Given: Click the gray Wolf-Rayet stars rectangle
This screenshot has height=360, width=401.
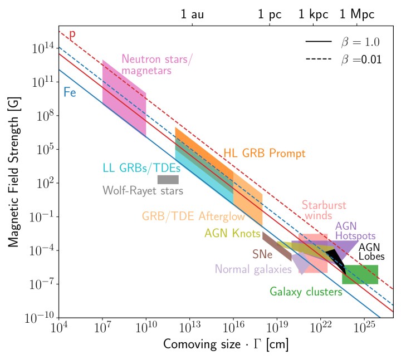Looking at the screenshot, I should click(168, 179).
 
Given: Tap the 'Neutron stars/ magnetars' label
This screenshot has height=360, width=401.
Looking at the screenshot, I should click(146, 65).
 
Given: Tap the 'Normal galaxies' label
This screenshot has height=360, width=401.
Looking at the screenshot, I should click(253, 269).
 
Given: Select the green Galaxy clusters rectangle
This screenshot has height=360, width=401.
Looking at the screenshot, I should click(360, 274).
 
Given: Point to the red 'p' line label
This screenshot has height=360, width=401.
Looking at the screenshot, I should click(72, 34).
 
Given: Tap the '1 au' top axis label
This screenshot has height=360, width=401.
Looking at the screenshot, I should click(192, 15).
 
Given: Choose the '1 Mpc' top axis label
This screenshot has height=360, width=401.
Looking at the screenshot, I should click(357, 15).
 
